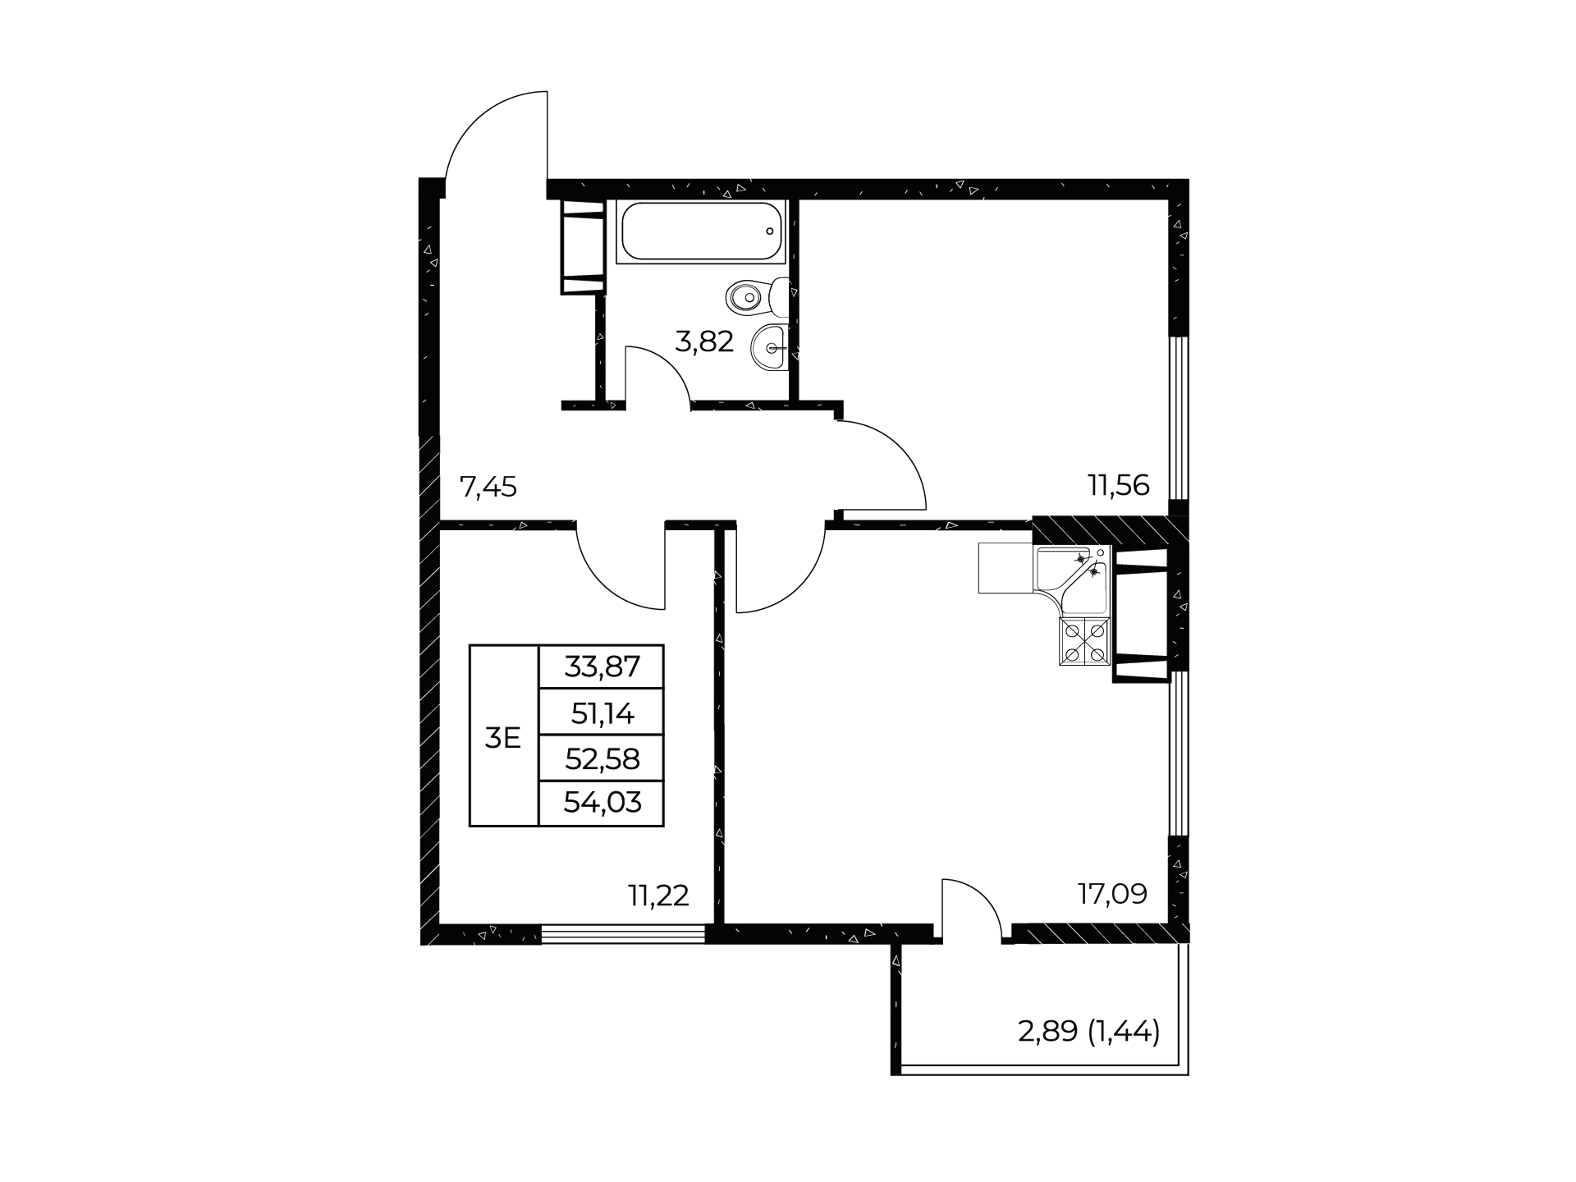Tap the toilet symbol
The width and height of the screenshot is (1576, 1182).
pos(758,296)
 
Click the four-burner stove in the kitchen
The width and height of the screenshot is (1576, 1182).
pos(1084,641)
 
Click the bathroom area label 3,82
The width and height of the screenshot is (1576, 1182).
pos(703,341)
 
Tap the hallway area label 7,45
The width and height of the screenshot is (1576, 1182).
pos(488,488)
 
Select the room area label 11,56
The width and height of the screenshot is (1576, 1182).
pos(1119,485)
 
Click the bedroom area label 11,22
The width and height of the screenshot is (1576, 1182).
pos(658,896)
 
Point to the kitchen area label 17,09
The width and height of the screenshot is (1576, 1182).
pos(1112,893)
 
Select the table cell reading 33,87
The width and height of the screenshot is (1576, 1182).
pos(602,666)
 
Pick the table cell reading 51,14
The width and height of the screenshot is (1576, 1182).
pos(602,712)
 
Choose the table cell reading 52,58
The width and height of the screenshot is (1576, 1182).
pos(602,758)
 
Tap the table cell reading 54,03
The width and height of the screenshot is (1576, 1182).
pos(602,803)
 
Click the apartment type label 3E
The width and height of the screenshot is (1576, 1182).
pos(502,739)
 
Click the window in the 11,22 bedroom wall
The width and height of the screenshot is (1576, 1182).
pos(624,933)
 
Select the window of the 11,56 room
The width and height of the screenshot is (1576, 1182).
pos(1178,418)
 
